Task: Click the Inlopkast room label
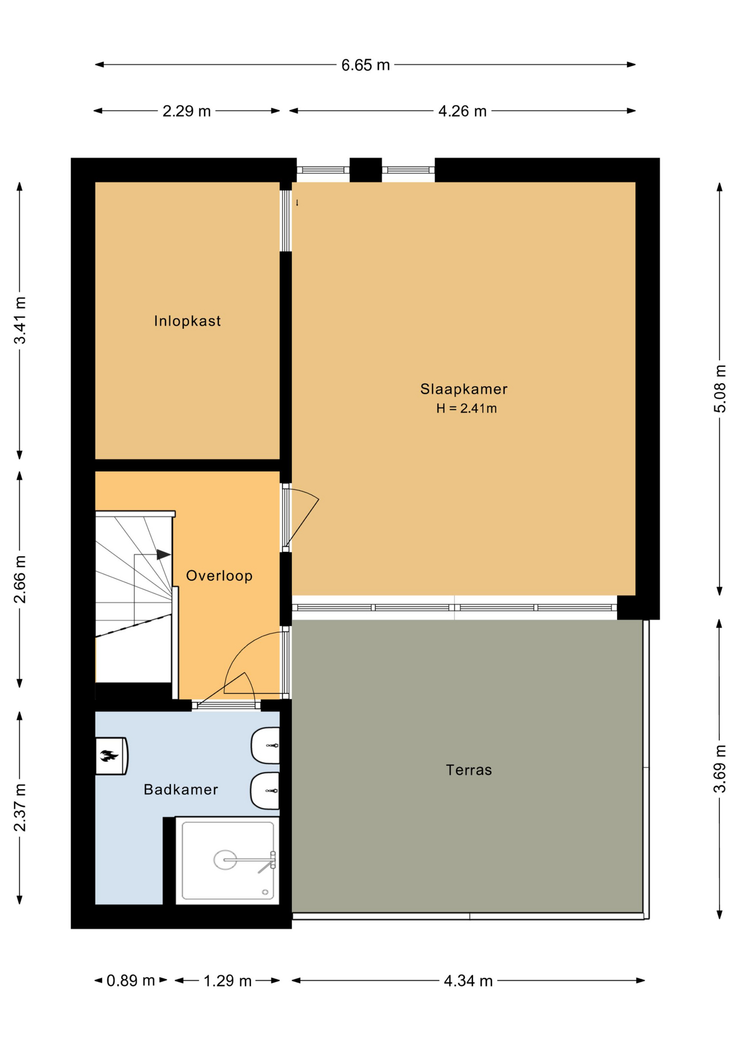[x=187, y=321]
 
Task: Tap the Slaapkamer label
[x=464, y=389]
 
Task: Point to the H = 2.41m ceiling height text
[x=466, y=408]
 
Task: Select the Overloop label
[x=219, y=576]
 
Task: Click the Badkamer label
[x=181, y=790]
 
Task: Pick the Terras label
[x=469, y=770]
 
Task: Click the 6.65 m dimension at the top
[x=366, y=65]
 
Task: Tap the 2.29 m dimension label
[x=187, y=111]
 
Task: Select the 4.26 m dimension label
[x=463, y=111]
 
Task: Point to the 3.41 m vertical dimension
[x=20, y=321]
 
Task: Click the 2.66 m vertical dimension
[x=20, y=580]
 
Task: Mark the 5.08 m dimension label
[x=720, y=389]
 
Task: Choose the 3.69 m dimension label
[x=720, y=769]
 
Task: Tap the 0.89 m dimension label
[x=131, y=981]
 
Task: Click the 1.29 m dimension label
[x=227, y=981]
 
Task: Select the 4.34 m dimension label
[x=469, y=981]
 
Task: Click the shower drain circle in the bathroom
[x=225, y=860]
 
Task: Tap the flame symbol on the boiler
[x=109, y=755]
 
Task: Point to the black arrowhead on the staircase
[x=164, y=555]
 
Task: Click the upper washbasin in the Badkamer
[x=266, y=745]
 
